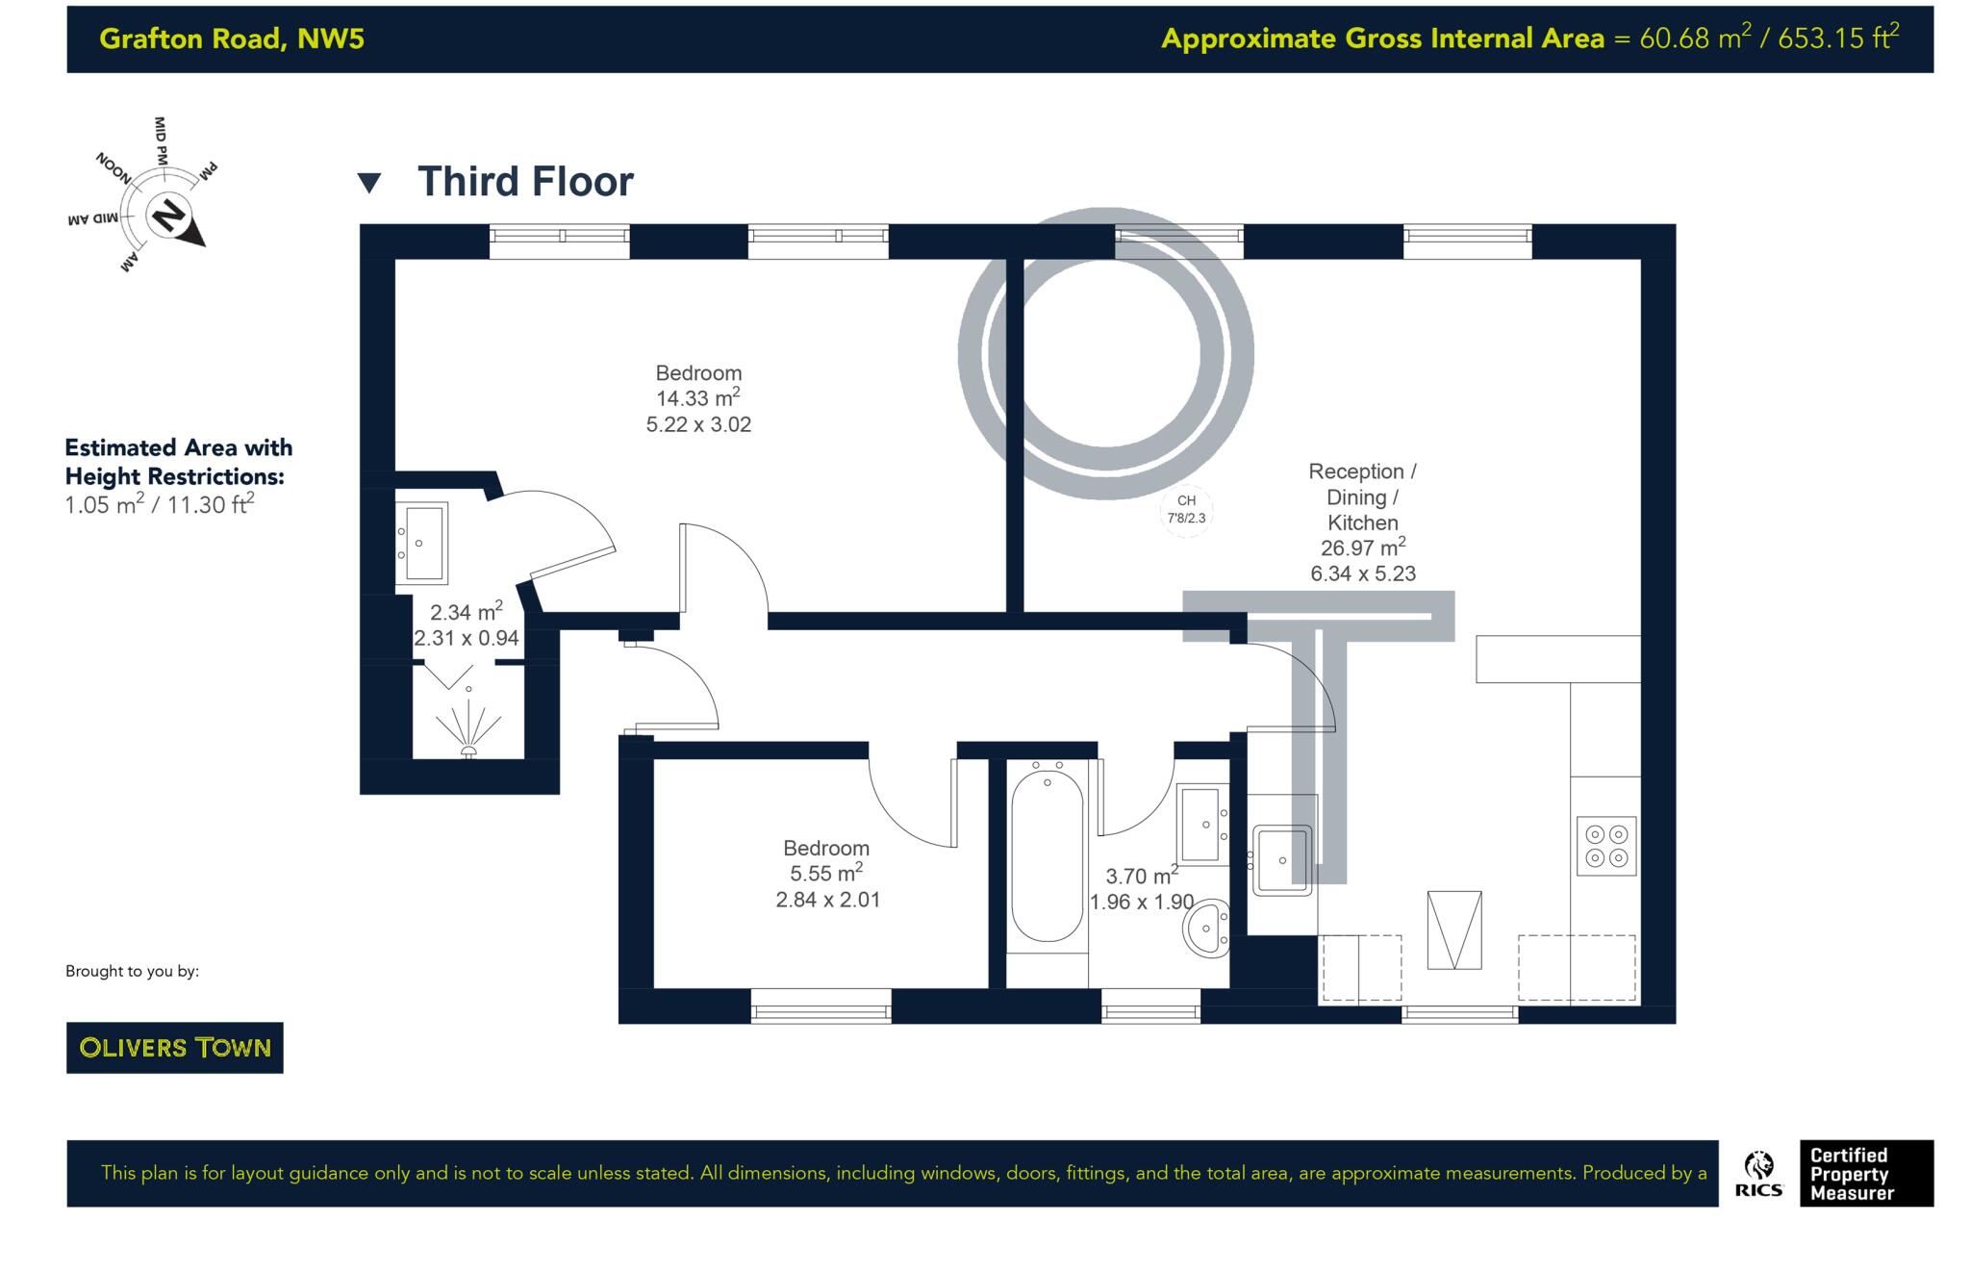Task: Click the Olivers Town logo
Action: [x=174, y=1047]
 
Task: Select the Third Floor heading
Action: [x=525, y=182]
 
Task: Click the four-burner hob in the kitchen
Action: [x=1605, y=846]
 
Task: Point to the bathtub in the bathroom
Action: [x=1047, y=857]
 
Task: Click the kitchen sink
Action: [x=1281, y=860]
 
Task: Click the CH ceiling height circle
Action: [x=1186, y=509]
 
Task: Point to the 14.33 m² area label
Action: [x=697, y=398]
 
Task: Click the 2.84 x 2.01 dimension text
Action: [x=827, y=900]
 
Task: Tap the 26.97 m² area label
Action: [x=1362, y=548]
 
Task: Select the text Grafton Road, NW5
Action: [x=232, y=38]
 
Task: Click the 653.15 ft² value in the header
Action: [x=1837, y=38]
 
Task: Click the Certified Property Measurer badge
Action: [x=1865, y=1173]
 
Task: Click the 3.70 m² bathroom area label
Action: [x=1141, y=876]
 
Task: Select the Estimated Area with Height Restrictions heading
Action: [x=178, y=462]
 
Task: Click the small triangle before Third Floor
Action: [x=369, y=183]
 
